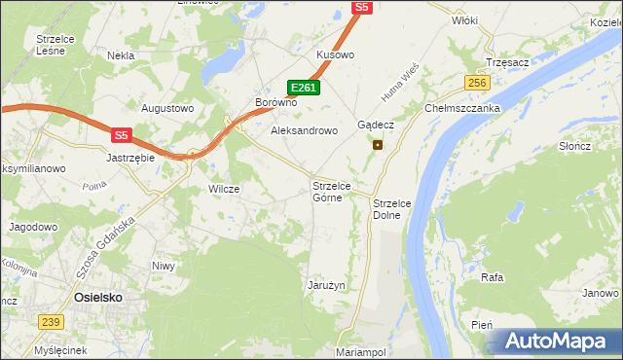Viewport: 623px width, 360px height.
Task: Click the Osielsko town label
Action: (x=97, y=299)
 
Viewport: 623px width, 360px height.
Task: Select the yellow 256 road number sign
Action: (x=476, y=84)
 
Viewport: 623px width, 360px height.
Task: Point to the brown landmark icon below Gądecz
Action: (x=378, y=145)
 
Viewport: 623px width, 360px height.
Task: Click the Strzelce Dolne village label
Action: (x=393, y=208)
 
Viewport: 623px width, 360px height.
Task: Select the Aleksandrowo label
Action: (x=304, y=129)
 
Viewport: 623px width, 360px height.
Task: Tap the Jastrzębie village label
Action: (x=131, y=156)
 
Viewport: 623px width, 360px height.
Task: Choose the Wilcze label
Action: (x=224, y=189)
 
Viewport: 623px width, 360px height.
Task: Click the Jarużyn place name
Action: (x=327, y=285)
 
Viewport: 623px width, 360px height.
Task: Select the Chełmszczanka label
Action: (x=462, y=108)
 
